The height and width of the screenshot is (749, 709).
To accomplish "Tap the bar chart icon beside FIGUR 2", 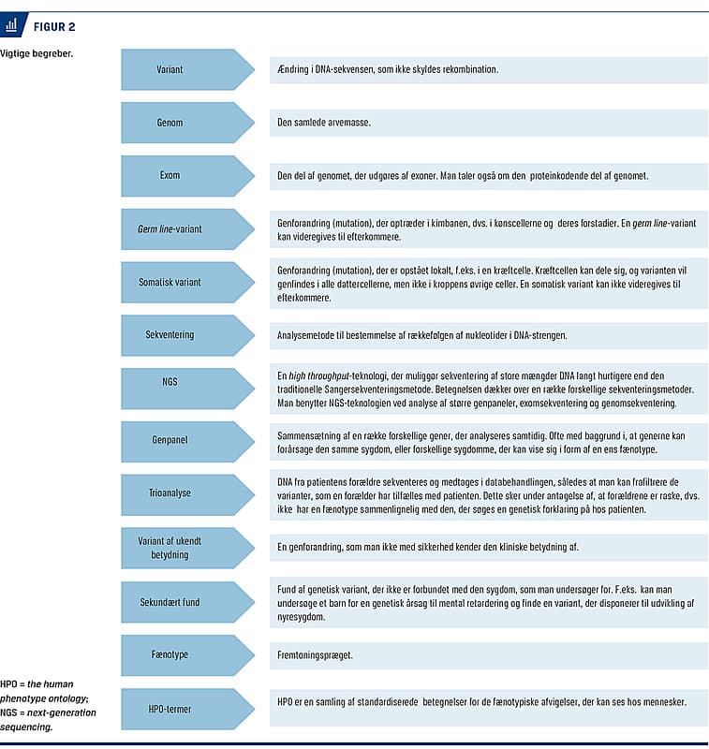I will pyautogui.click(x=13, y=25).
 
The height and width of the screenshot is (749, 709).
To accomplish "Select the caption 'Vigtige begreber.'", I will pyautogui.click(x=37, y=53).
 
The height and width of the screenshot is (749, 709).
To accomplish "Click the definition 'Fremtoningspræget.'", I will pyautogui.click(x=315, y=655).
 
